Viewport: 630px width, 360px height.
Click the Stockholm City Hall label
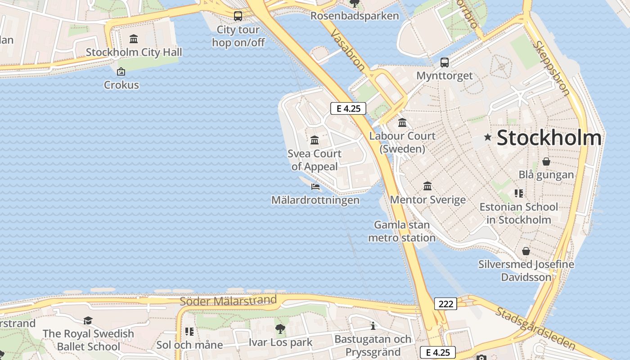point(134,52)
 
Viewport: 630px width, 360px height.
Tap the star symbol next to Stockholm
point(487,137)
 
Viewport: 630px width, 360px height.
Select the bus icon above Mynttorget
point(445,63)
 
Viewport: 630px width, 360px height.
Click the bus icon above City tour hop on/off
point(238,16)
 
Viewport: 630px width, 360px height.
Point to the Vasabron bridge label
point(348,50)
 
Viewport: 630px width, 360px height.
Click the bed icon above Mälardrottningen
point(315,186)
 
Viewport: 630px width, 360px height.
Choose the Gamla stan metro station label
point(402,231)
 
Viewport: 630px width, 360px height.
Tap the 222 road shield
point(445,304)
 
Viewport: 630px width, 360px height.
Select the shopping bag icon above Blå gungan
point(546,161)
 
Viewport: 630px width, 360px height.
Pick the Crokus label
point(121,85)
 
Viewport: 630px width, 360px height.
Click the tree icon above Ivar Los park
point(280,329)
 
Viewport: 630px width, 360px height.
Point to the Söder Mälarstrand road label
point(228,301)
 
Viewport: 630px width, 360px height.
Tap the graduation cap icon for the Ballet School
point(88,320)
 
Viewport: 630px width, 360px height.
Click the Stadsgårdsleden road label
point(535,328)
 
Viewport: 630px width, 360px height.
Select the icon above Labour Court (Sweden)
point(402,122)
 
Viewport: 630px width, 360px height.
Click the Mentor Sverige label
point(427,200)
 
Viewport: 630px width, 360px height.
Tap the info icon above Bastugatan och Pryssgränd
point(373,326)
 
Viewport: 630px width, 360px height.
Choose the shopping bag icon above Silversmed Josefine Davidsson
point(526,251)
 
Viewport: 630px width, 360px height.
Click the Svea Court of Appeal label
point(315,160)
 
